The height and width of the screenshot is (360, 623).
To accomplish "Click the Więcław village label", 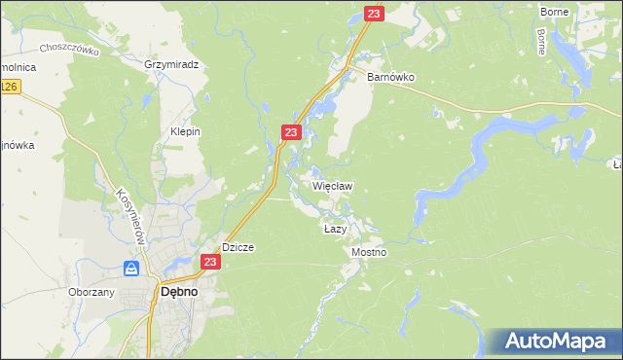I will pos(332,185).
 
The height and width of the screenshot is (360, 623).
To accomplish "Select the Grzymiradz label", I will pos(170,65).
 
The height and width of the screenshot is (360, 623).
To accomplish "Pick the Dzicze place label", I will pos(238,247).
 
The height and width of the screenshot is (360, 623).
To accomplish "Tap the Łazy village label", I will pos(335,229).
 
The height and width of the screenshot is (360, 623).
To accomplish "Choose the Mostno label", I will pos(369,252).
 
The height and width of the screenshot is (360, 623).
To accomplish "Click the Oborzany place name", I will pos(92,292).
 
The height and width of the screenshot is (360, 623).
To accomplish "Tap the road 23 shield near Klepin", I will pos(291,131).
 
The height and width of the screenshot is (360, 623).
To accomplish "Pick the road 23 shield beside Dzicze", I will pos(210,262).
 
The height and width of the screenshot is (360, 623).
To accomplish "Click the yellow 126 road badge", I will pos(9,88).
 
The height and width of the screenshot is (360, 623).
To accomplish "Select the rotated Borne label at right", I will pos(540,41).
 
